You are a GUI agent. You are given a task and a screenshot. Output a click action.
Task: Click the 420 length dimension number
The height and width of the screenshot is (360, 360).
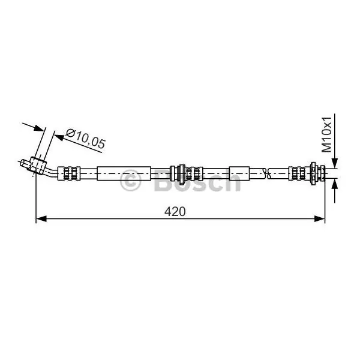point(175,211)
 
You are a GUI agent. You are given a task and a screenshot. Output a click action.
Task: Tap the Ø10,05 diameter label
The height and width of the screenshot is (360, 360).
point(85,139)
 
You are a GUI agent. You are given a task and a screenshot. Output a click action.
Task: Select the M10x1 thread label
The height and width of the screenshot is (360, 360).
point(326,135)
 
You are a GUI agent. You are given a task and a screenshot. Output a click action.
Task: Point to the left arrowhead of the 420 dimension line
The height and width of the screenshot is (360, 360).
point(41,219)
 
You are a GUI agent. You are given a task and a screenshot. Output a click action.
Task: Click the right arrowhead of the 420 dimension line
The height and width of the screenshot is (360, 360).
point(320,219)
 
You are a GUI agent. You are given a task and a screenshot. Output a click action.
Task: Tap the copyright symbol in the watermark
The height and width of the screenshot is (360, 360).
point(130,181)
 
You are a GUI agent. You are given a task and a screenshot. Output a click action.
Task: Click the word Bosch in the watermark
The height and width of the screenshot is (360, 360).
point(197,181)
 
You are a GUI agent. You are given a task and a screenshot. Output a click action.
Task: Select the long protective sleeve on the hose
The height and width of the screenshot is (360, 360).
point(124,173)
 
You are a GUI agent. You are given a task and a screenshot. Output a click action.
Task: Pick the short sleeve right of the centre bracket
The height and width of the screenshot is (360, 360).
point(239,173)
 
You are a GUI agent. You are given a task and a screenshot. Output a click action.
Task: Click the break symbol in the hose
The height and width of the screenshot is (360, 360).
point(267,173)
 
